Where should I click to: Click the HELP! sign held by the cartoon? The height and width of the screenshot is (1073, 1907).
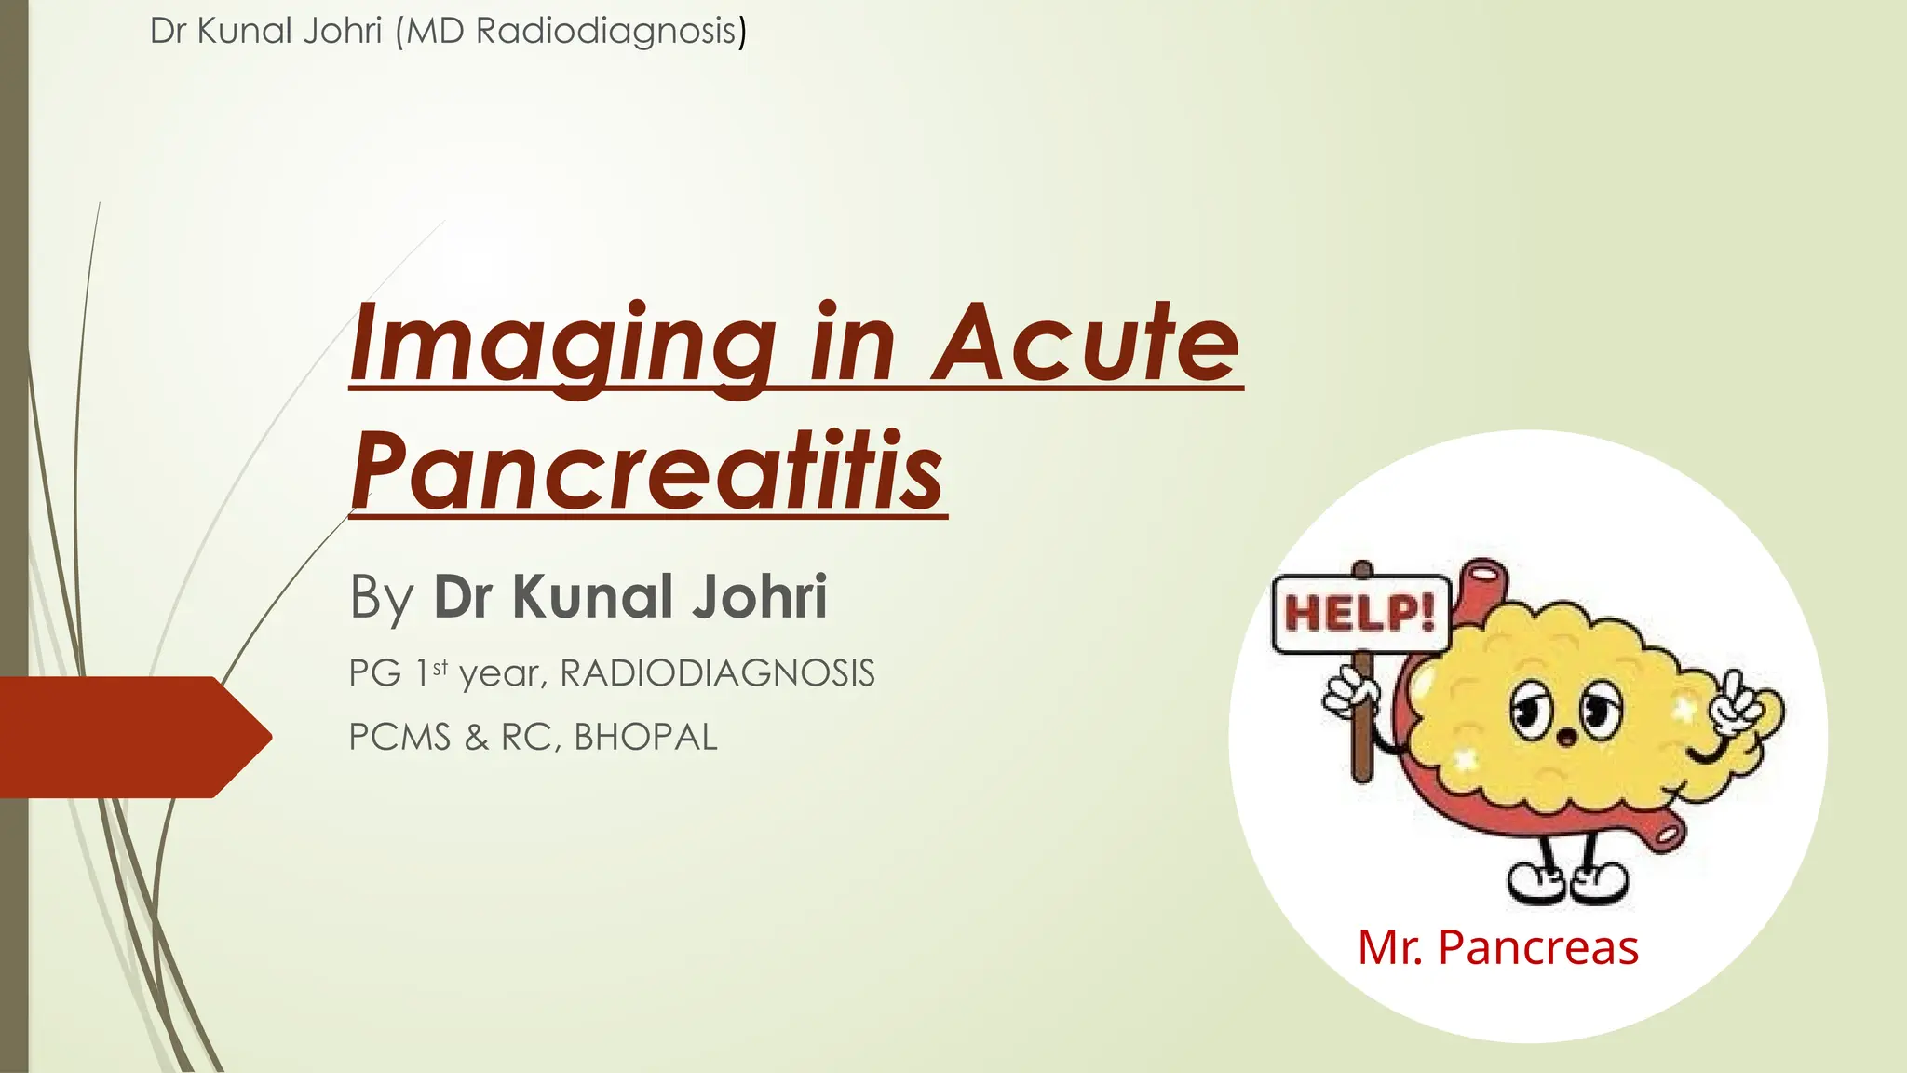click(x=1360, y=614)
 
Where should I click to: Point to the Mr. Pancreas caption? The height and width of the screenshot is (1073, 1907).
click(x=1497, y=947)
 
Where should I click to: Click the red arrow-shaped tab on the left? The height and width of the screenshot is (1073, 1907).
click(x=130, y=737)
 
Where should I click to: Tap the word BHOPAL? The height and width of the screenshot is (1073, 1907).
click(x=645, y=737)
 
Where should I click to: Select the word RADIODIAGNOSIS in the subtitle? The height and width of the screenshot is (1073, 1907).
click(x=717, y=673)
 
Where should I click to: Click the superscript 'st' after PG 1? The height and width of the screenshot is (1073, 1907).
click(x=440, y=666)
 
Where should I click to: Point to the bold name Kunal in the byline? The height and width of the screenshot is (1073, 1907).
click(x=592, y=597)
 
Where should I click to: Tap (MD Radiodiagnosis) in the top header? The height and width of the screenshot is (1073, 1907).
click(x=570, y=31)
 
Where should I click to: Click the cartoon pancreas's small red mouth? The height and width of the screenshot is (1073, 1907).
click(x=1568, y=739)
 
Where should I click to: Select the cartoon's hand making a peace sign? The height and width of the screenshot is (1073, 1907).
click(x=1736, y=705)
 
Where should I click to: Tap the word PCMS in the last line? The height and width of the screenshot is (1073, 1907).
click(x=399, y=737)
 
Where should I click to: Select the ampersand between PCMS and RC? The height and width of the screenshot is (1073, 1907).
click(x=476, y=737)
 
